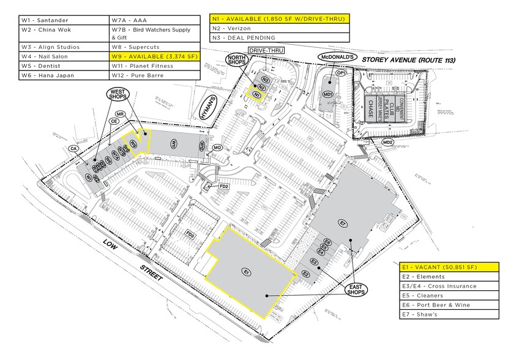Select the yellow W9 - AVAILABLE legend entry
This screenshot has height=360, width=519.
(x=154, y=56)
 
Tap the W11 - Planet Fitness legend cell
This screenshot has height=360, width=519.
(x=154, y=66)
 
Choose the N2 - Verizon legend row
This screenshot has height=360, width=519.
(x=279, y=28)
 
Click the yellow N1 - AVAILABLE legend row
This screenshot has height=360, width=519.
(x=279, y=19)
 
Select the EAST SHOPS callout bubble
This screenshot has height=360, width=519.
(x=354, y=289)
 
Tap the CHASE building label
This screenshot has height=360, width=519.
(x=370, y=111)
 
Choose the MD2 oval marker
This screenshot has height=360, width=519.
(x=387, y=143)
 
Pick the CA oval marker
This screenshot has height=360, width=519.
(x=73, y=149)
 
